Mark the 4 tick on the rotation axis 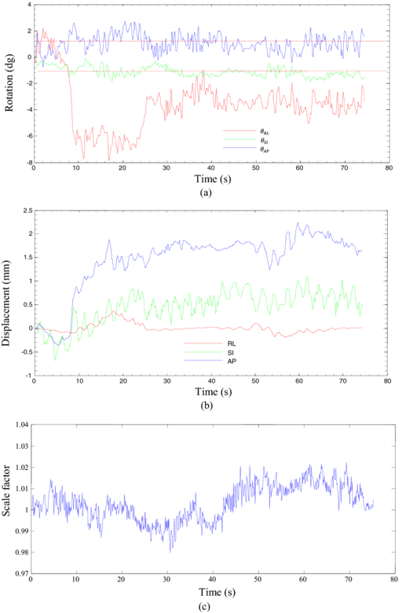pyautogui.click(x=27, y=4)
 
